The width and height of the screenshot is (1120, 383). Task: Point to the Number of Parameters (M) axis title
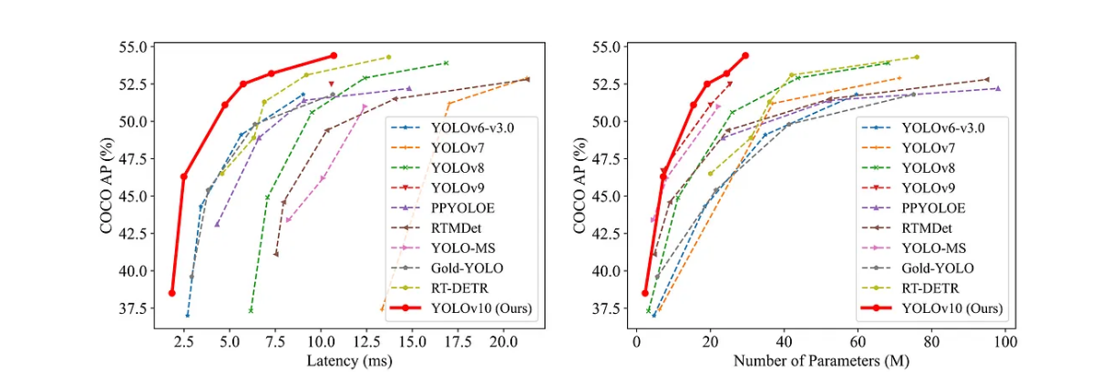pyautogui.click(x=819, y=362)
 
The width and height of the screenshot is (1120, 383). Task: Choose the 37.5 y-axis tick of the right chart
pyautogui.click(x=606, y=308)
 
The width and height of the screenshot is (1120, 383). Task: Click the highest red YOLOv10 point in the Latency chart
pyautogui.click(x=333, y=55)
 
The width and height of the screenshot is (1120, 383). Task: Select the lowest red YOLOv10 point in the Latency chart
pyautogui.click(x=171, y=293)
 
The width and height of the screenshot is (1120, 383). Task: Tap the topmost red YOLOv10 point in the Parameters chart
pyautogui.click(x=745, y=55)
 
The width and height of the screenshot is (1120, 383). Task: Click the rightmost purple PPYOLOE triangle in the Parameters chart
pyautogui.click(x=998, y=88)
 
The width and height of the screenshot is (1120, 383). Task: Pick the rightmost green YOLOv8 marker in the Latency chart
pyautogui.click(x=446, y=63)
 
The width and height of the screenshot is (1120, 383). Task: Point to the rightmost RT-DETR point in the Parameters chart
pyautogui.click(x=916, y=57)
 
